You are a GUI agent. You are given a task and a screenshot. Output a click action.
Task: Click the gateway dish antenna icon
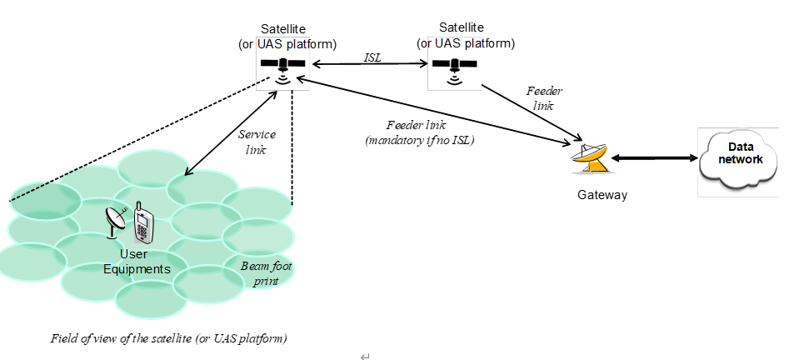tap(591, 157)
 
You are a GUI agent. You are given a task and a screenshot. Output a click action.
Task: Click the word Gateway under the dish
tap(602, 195)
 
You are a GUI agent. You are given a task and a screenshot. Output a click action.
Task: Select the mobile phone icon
tap(144, 224)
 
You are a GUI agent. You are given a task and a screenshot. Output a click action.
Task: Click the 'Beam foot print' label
tap(267, 273)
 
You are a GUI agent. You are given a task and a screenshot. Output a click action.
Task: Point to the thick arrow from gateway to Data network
tap(655, 157)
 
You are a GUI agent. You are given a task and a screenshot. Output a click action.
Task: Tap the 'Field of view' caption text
tap(169, 338)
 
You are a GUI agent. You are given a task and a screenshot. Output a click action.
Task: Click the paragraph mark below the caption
tap(364, 356)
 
